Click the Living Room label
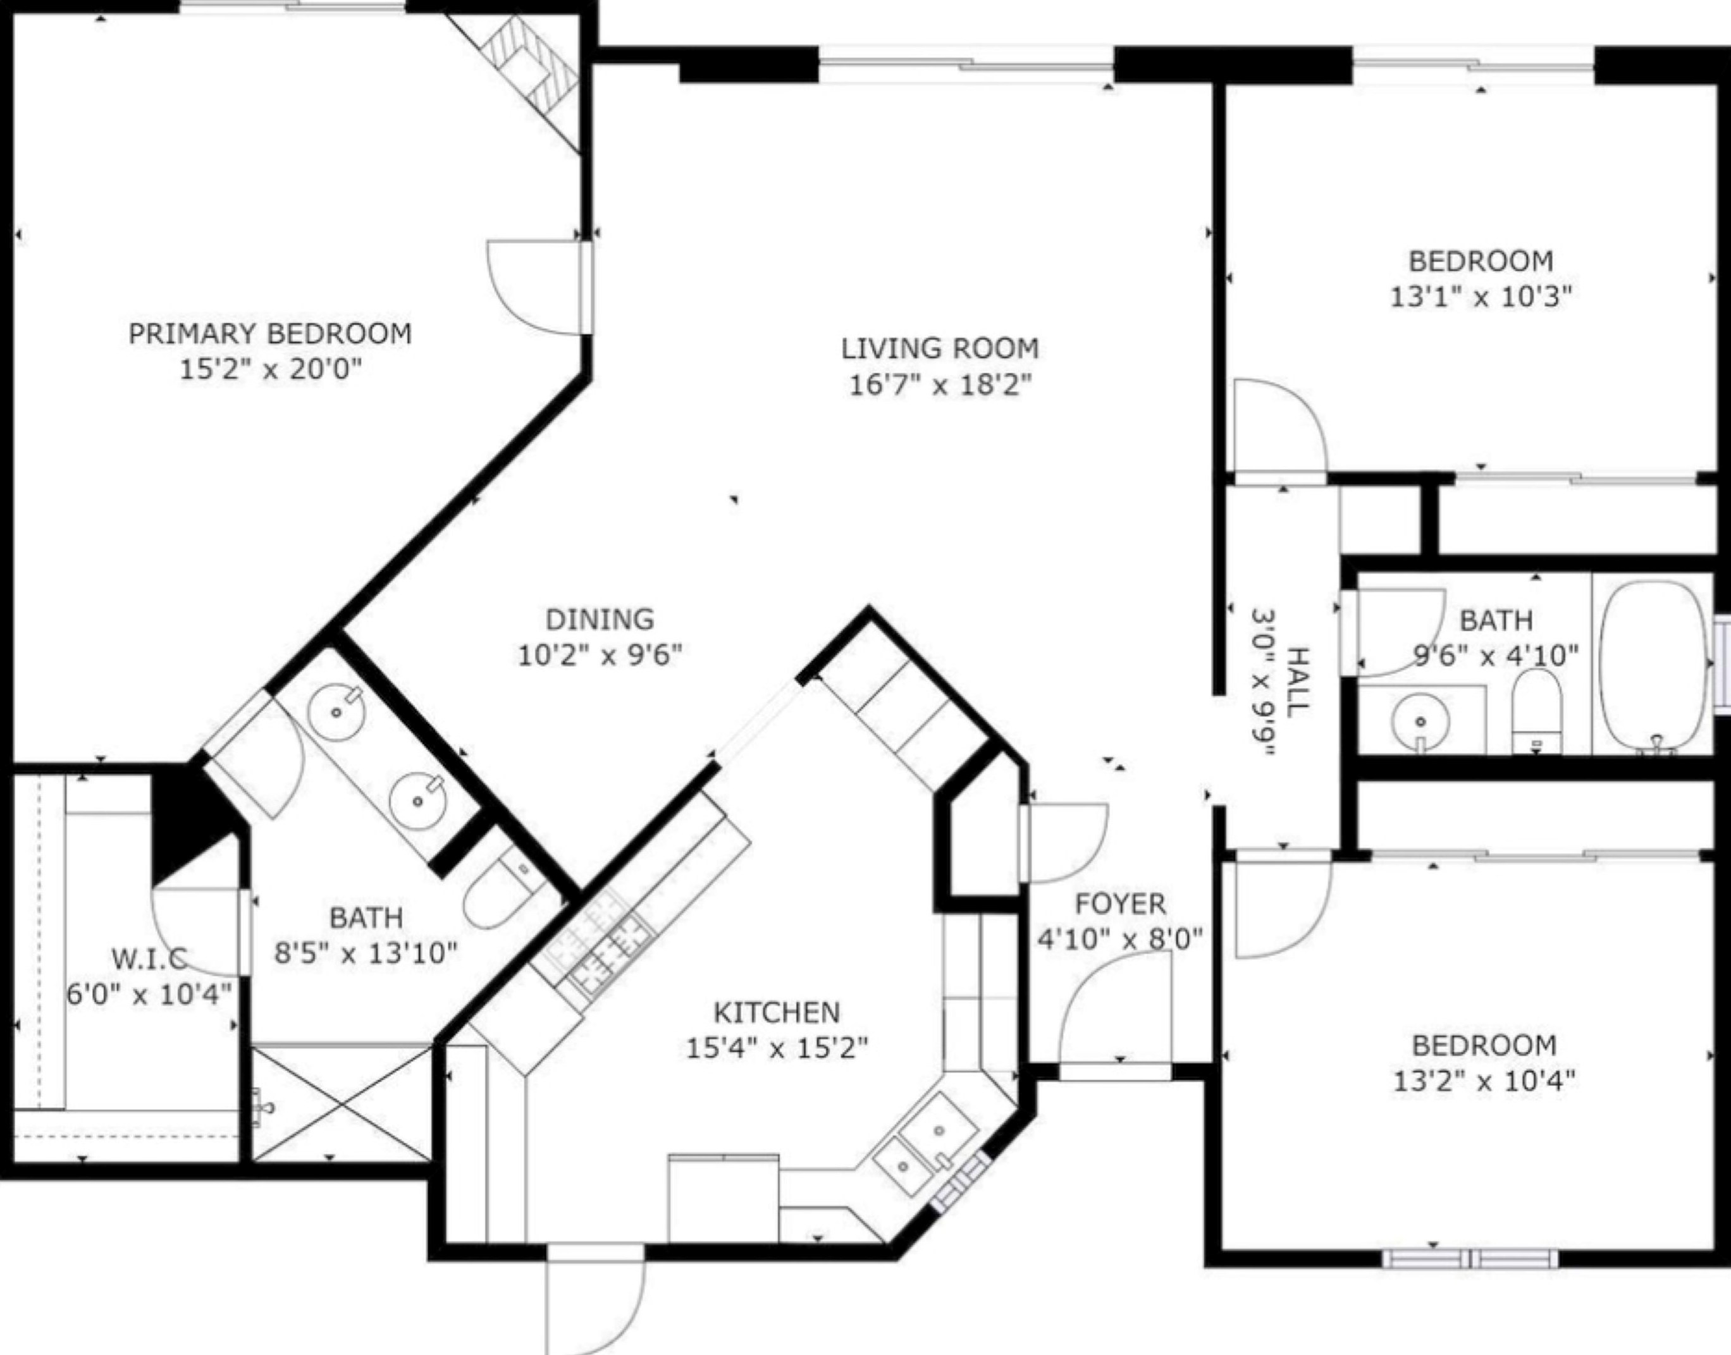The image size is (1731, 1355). coord(940,348)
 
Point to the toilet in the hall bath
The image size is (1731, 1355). coord(1537,711)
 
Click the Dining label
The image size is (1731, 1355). coord(600,619)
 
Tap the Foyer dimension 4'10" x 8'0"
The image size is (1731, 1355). coord(1120,940)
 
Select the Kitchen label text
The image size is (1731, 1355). coord(777,1012)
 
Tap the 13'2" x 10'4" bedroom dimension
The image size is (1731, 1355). coord(1484,1081)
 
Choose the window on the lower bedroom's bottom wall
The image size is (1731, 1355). coord(1470,1259)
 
